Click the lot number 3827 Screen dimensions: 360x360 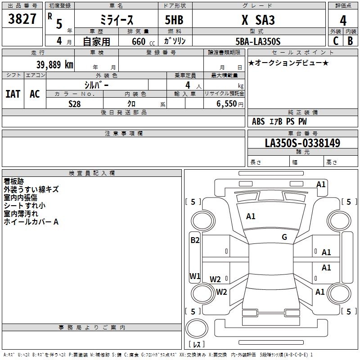pyautogui.click(x=22, y=19)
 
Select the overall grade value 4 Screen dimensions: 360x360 pyautogui.click(x=343, y=21)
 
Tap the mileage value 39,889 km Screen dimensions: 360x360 pyautogui.click(x=54, y=65)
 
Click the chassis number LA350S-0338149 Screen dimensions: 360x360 pyautogui.click(x=302, y=143)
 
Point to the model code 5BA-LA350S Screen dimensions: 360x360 pyautogui.click(x=258, y=41)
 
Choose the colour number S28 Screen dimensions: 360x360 pyautogui.click(x=74, y=104)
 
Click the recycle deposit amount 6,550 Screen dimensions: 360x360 pyautogui.click(x=226, y=104)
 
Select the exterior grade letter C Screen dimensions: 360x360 pyautogui.click(x=336, y=41)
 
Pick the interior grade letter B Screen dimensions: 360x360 pyautogui.click(x=350, y=41)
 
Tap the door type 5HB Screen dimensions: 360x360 pyautogui.click(x=174, y=20)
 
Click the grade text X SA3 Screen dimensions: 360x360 pyautogui.click(x=258, y=20)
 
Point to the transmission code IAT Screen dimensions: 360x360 pyautogui.click(x=13, y=94)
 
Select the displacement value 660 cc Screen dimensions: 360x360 pyautogui.click(x=143, y=42)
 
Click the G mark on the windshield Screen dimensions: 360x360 pyautogui.click(x=284, y=237)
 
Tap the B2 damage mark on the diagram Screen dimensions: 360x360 pyautogui.click(x=195, y=240)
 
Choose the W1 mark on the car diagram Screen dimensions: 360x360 pyautogui.click(x=195, y=276)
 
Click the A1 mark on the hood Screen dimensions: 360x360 pyautogui.click(x=251, y=216)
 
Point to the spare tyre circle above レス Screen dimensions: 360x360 pyautogui.click(x=197, y=328)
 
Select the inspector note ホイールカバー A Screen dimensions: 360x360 pyautogui.click(x=31, y=222)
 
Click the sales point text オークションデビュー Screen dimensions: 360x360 pyautogui.click(x=288, y=63)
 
